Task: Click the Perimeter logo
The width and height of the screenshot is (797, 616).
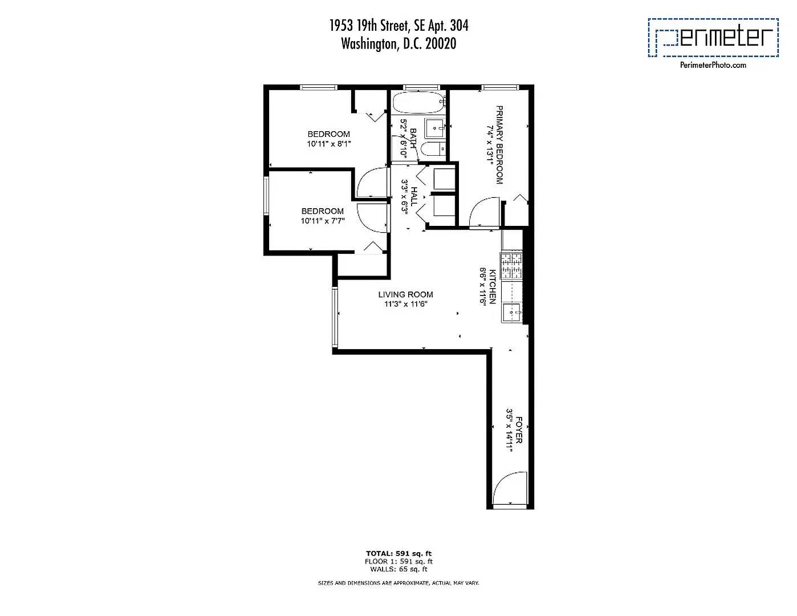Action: coord(713,38)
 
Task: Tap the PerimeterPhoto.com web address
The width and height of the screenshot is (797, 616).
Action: coord(713,65)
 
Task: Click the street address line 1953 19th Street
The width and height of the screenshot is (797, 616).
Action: coord(399,26)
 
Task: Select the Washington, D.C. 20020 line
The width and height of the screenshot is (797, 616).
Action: coord(398,44)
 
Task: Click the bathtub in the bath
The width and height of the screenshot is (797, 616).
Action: coord(418,103)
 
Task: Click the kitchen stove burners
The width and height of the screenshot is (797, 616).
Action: coord(511,266)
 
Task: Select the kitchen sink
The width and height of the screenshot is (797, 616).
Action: coord(511,311)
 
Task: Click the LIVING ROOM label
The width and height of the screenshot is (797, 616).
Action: coord(405,294)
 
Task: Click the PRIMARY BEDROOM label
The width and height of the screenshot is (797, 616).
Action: coord(499,145)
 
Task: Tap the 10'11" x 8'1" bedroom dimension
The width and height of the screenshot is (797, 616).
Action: coord(328,144)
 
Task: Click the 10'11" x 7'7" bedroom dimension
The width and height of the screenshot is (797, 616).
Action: coord(323,221)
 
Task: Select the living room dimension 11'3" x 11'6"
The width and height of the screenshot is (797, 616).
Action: coord(405,304)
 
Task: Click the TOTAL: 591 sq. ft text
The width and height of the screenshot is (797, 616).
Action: coord(398,553)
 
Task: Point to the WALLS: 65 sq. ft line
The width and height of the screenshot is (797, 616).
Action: coord(398,569)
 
